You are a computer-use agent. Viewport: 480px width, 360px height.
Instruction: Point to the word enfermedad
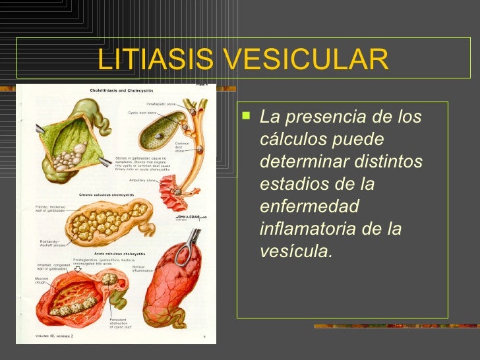309,206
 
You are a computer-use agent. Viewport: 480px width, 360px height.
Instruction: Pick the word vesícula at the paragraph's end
297,251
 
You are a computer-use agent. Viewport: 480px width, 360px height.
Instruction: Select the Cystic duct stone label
142,112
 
